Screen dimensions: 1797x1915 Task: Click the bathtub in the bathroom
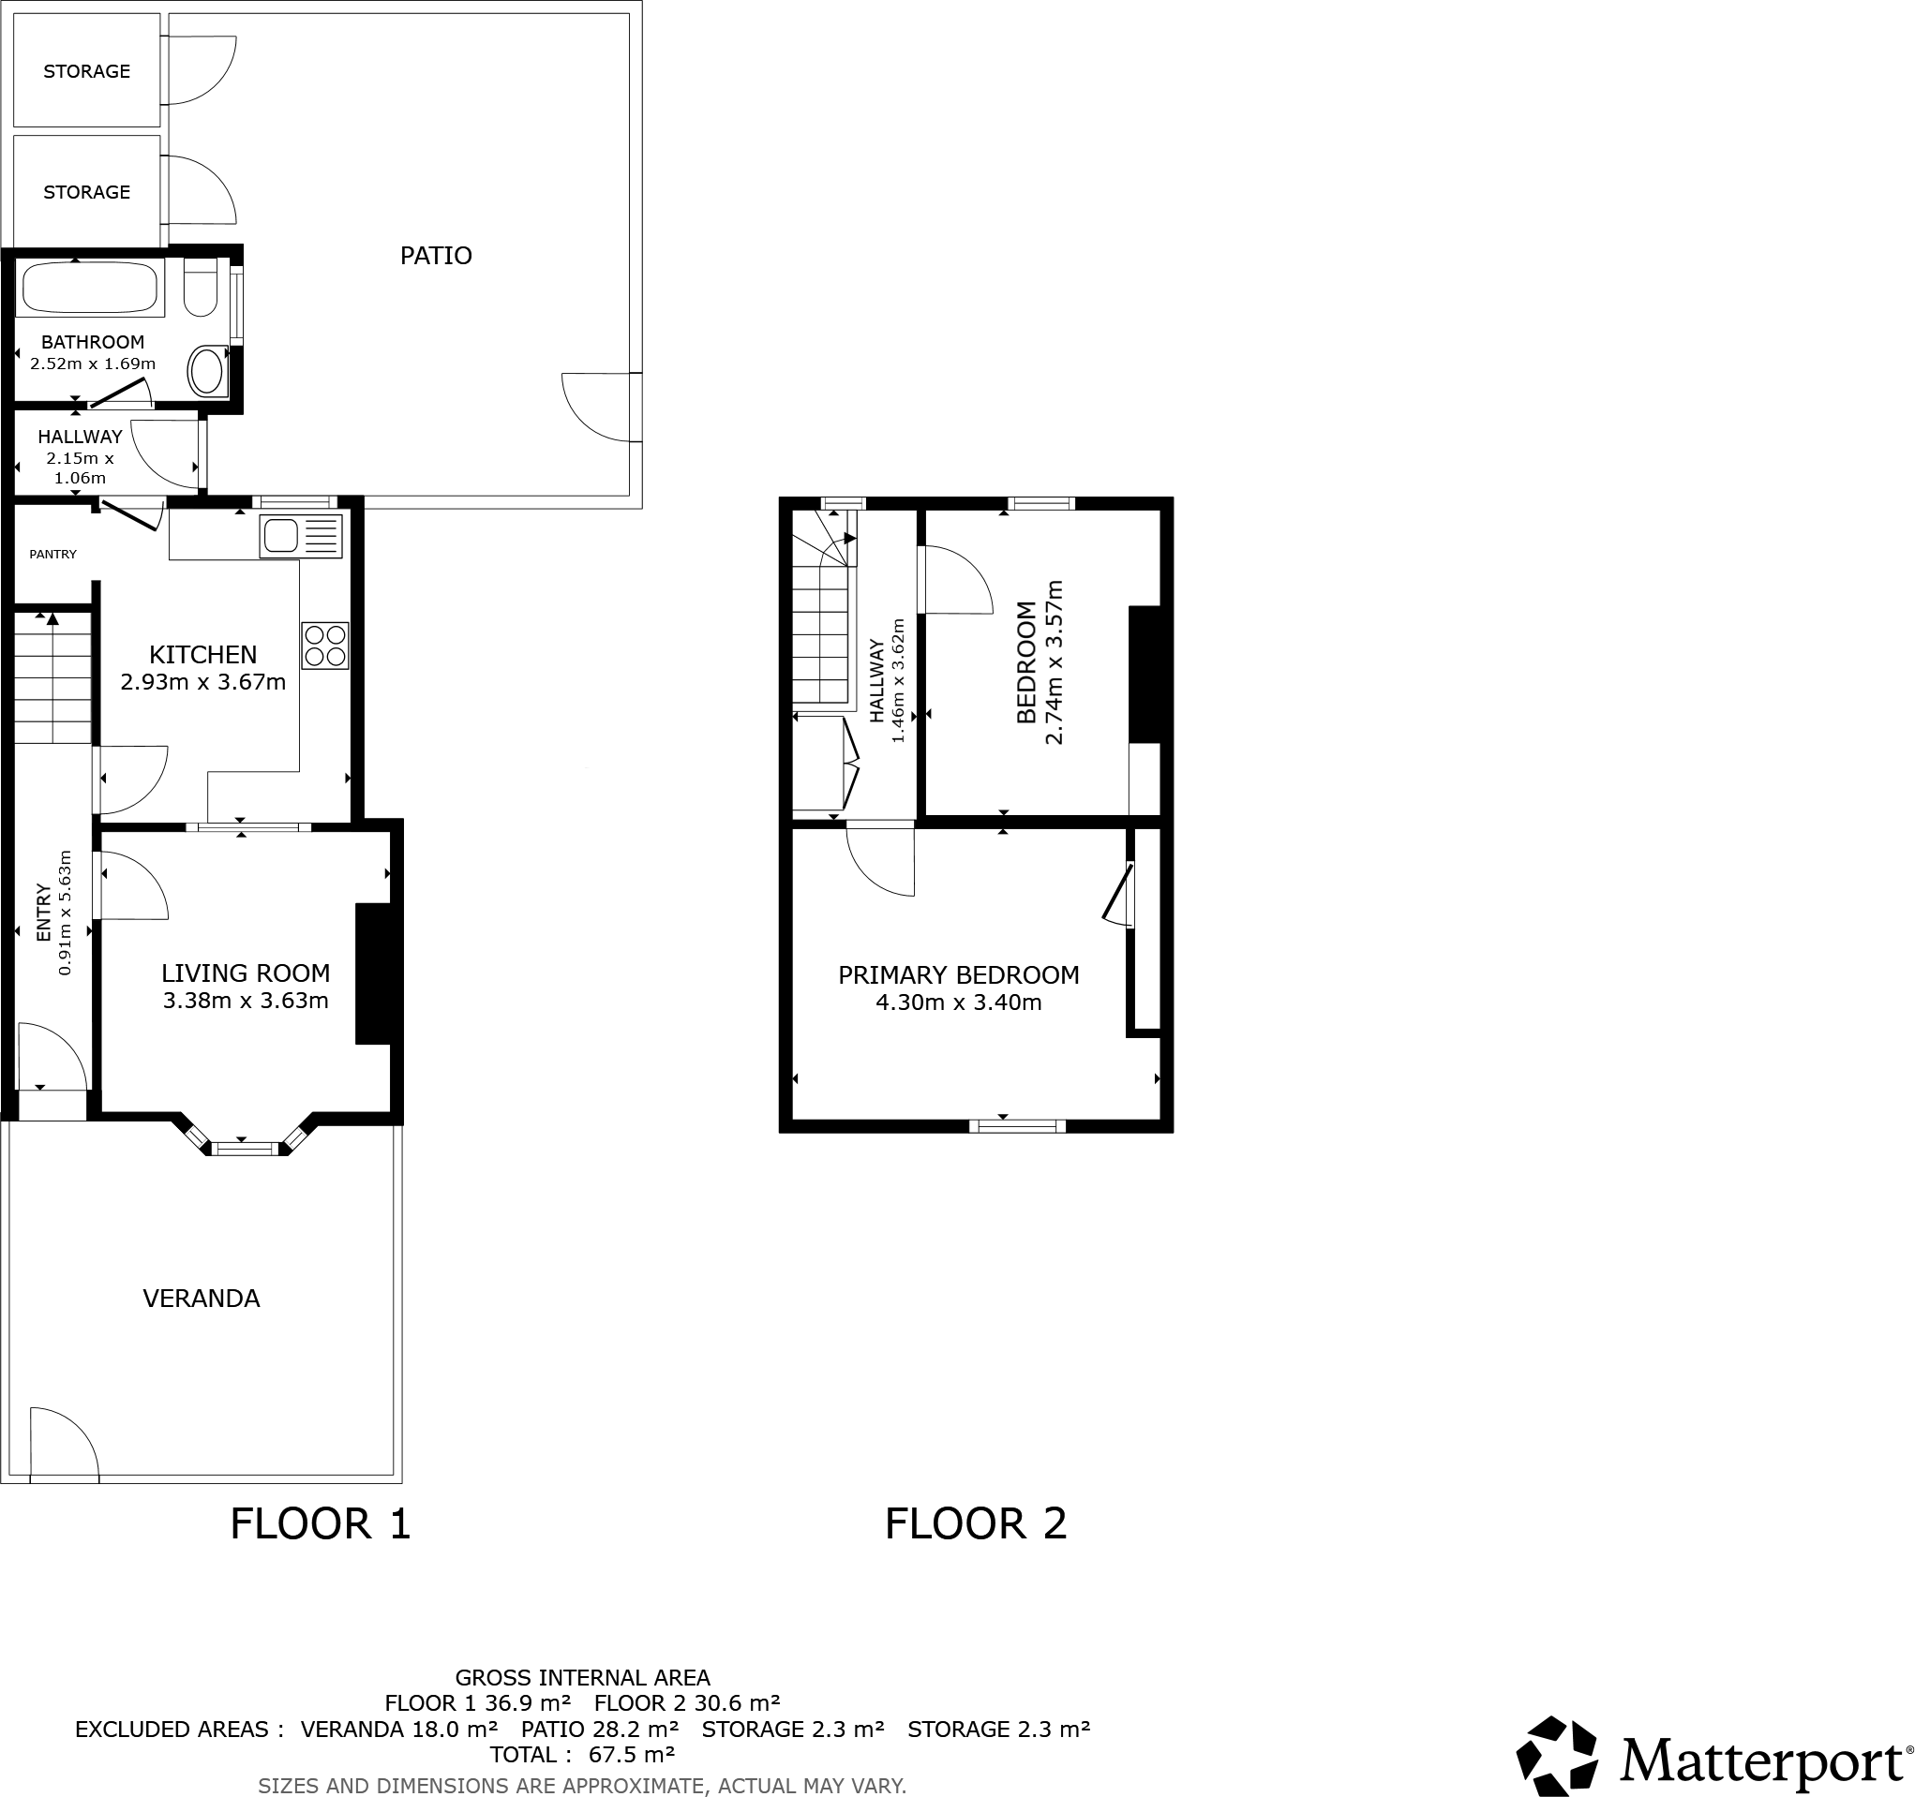pos(89,287)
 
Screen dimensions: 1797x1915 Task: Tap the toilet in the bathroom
pos(201,287)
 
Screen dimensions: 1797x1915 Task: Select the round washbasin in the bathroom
pos(207,371)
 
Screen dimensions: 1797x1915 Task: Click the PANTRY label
pos(53,554)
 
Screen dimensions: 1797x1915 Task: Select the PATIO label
pos(436,255)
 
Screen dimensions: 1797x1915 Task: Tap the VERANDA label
pos(202,1299)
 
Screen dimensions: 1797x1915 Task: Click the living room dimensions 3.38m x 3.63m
pos(246,1001)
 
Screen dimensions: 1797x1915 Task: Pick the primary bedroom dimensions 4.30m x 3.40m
pos(958,1002)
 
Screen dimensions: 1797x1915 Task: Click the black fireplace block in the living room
pos(373,973)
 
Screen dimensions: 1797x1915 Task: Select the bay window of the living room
pos(245,1147)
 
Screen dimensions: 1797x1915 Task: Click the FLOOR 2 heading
pos(975,1523)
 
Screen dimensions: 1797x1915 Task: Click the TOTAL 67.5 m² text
pos(582,1755)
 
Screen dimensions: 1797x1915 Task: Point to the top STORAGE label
pos(86,71)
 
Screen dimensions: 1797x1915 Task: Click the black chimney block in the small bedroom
pos(1145,675)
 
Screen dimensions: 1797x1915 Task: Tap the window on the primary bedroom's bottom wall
pos(1017,1126)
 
